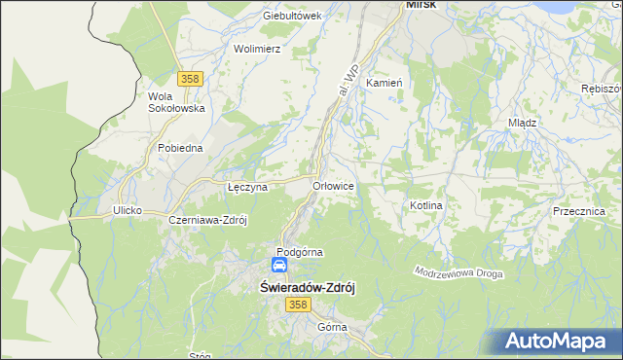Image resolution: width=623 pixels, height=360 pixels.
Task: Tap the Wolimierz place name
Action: click(x=258, y=48)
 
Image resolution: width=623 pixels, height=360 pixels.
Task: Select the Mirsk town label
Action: click(x=421, y=5)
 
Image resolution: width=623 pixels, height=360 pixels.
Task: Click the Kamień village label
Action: click(x=384, y=84)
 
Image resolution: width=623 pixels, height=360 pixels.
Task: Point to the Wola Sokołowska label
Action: click(x=175, y=102)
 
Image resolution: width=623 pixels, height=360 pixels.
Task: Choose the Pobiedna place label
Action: click(x=180, y=148)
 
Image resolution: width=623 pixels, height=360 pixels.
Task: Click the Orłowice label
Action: click(x=333, y=185)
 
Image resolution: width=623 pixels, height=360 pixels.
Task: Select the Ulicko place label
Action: click(x=128, y=210)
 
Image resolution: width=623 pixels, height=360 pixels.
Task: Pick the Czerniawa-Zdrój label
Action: click(x=208, y=220)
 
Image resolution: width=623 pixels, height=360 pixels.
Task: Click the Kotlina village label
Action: click(x=426, y=206)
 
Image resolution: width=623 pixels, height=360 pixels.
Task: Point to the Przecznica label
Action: click(x=578, y=211)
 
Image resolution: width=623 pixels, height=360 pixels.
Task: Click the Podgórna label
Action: click(x=300, y=252)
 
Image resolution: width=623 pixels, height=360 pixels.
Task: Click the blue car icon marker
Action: click(x=279, y=265)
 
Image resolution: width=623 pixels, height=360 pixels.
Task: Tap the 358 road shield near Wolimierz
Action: click(x=191, y=78)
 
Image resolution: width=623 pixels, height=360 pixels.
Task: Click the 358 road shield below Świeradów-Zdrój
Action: click(x=298, y=305)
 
